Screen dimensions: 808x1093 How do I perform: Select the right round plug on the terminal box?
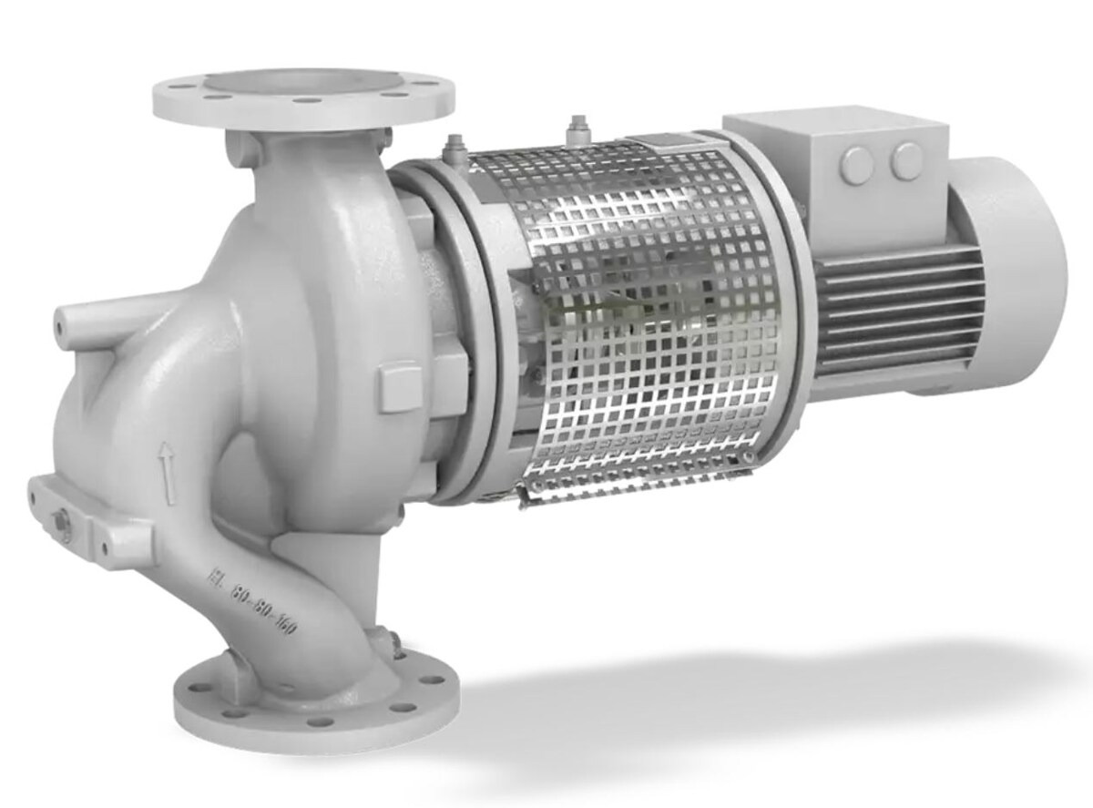[906, 162]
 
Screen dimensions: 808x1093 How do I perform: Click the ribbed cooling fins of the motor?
[902, 301]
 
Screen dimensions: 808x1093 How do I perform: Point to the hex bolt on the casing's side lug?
[61, 521]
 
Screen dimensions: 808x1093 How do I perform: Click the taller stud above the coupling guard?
[576, 129]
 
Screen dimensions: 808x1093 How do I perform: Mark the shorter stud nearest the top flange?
[452, 146]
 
